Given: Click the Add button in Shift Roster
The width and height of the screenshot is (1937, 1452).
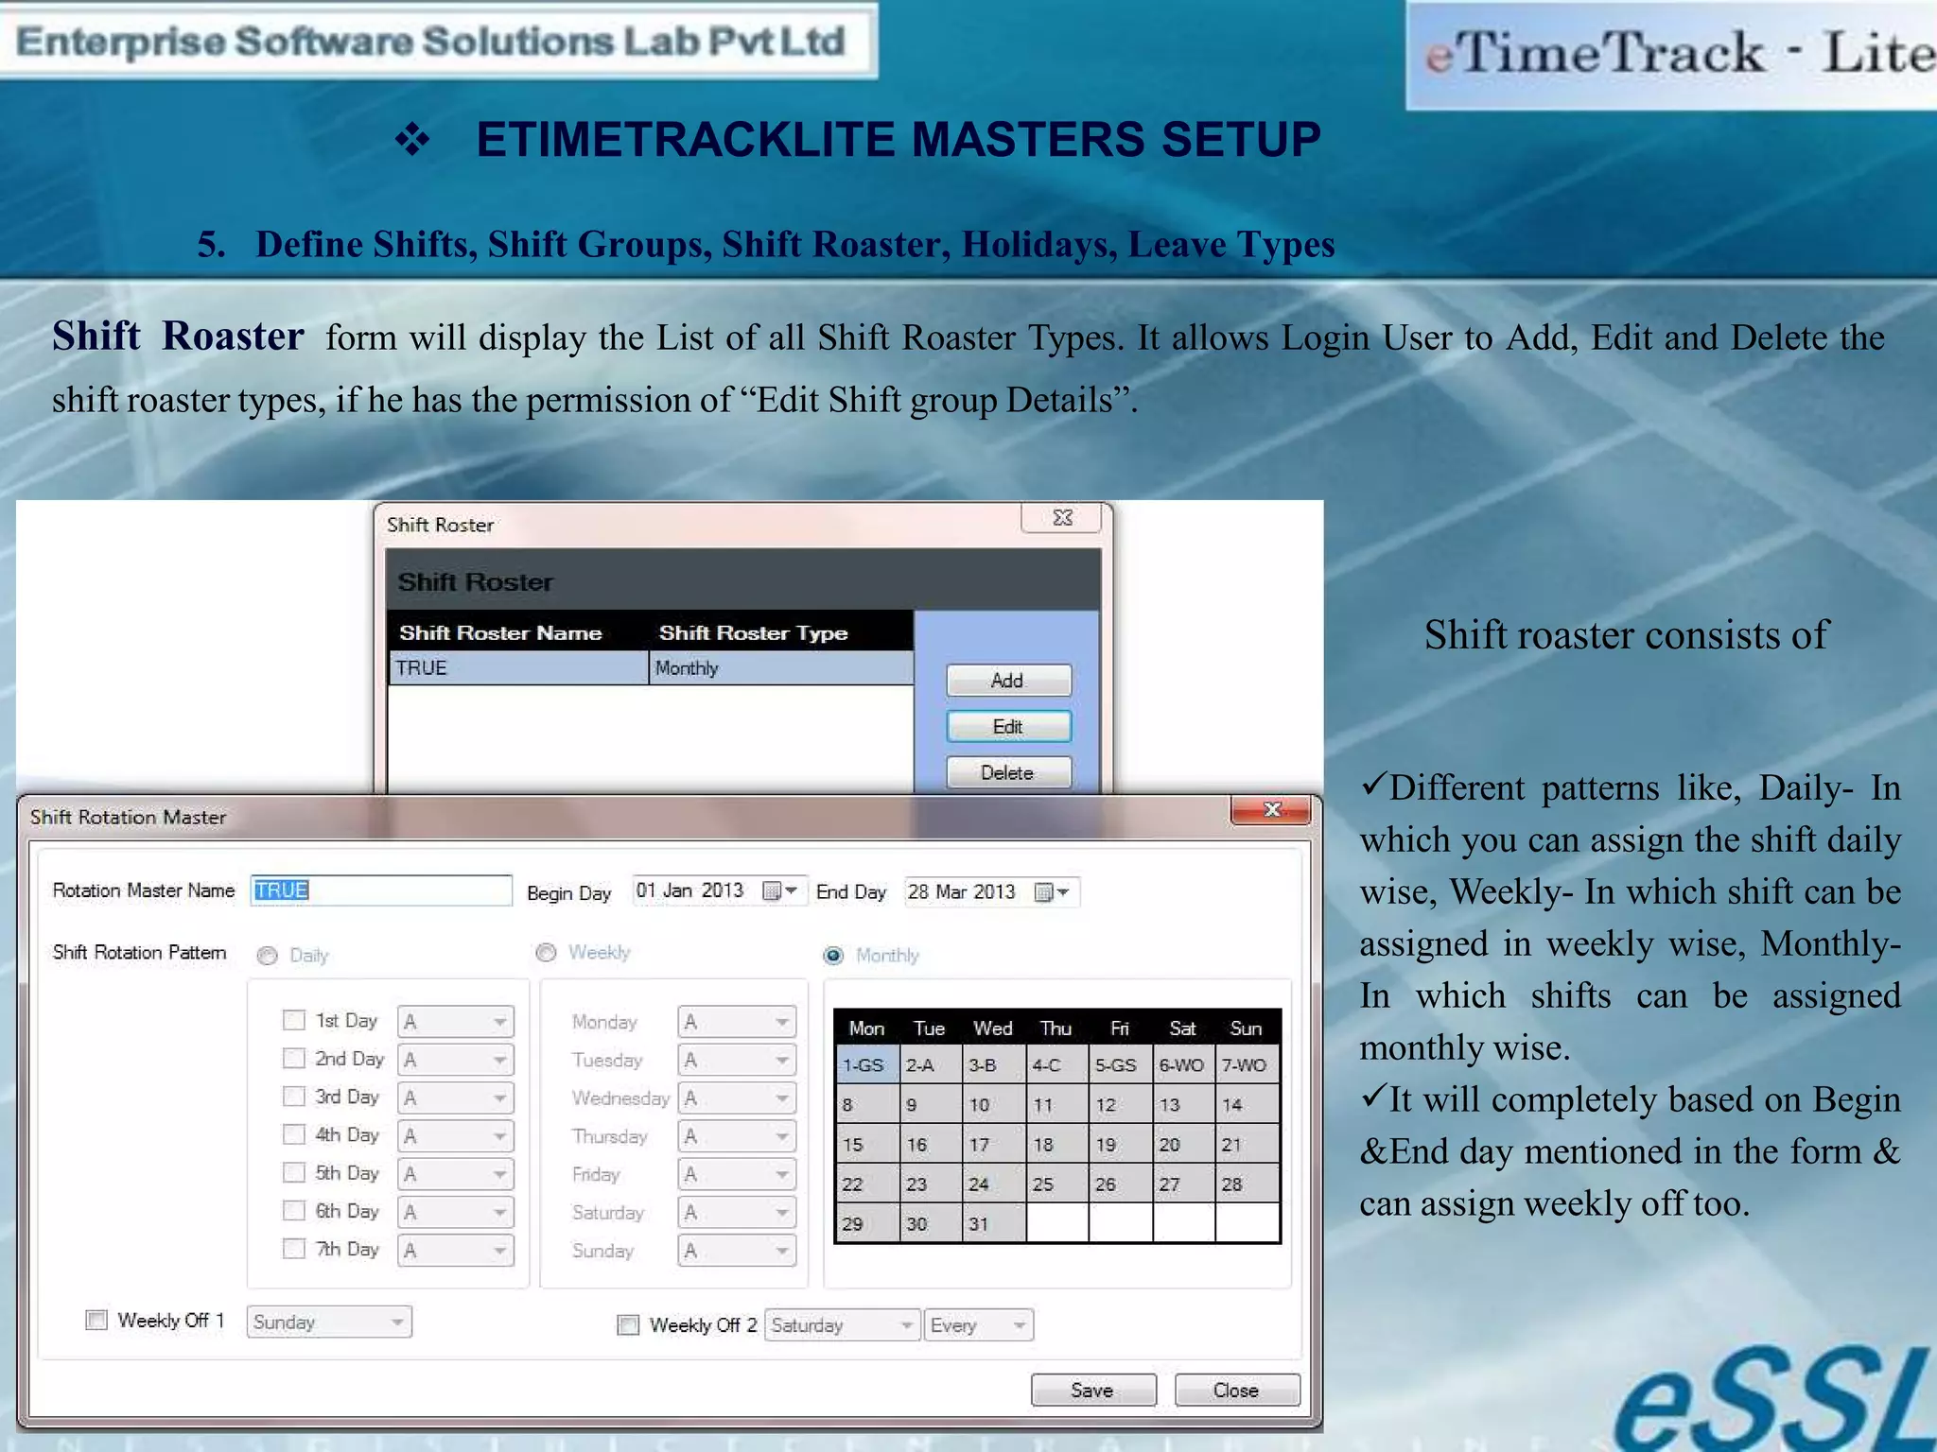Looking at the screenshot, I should pos(1008,681).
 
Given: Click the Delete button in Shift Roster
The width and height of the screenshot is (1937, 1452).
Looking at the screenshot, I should pos(1008,772).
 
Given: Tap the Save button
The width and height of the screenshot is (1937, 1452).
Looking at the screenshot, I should pos(1092,1390).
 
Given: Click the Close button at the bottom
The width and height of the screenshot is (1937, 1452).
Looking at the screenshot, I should pos(1236,1390).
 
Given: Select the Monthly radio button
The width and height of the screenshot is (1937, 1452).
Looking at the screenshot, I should pos(833,956).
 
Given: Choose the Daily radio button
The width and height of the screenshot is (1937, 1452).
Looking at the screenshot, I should pos(268,956).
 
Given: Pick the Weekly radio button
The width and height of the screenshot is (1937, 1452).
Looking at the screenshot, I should pos(546,953).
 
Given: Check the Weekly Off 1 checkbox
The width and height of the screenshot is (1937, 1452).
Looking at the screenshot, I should pos(96,1320).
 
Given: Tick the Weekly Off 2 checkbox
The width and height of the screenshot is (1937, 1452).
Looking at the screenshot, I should pos(628,1324).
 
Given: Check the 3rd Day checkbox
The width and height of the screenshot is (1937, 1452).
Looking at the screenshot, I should pos(294,1097).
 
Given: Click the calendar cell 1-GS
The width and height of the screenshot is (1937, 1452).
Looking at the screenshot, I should pos(865,1065).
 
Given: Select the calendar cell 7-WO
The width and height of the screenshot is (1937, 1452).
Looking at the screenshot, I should pos(1245,1065).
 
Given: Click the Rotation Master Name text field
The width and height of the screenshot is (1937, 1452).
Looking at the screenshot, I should pos(381,890).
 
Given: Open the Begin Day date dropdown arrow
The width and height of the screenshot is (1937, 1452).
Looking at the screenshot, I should pos(791,890).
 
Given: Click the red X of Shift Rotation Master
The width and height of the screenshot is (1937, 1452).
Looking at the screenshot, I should pos(1271,810).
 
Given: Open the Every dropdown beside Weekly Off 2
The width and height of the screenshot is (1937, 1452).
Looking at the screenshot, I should pos(1018,1325).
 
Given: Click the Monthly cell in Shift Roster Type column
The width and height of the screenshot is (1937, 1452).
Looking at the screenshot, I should pos(780,668).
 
